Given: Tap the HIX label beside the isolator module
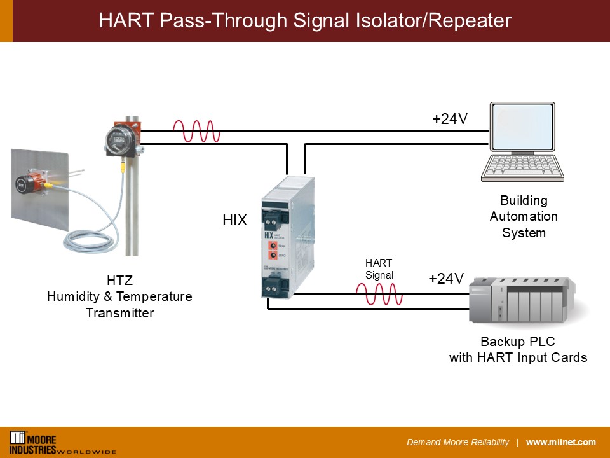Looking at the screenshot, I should (x=234, y=221).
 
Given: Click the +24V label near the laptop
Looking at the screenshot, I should (x=450, y=118).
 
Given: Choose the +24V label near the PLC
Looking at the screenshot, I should (x=446, y=278).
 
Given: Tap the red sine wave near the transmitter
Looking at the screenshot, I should (x=196, y=132).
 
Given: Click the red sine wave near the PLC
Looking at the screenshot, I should (x=379, y=295).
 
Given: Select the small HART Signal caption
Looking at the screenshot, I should (x=379, y=268).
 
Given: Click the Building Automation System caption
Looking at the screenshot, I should (x=524, y=216).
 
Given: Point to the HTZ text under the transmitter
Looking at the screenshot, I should (x=119, y=281).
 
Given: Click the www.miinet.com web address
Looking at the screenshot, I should (x=561, y=442).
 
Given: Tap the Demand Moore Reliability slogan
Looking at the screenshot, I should (x=457, y=442).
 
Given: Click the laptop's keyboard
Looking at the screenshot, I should (x=522, y=169).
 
